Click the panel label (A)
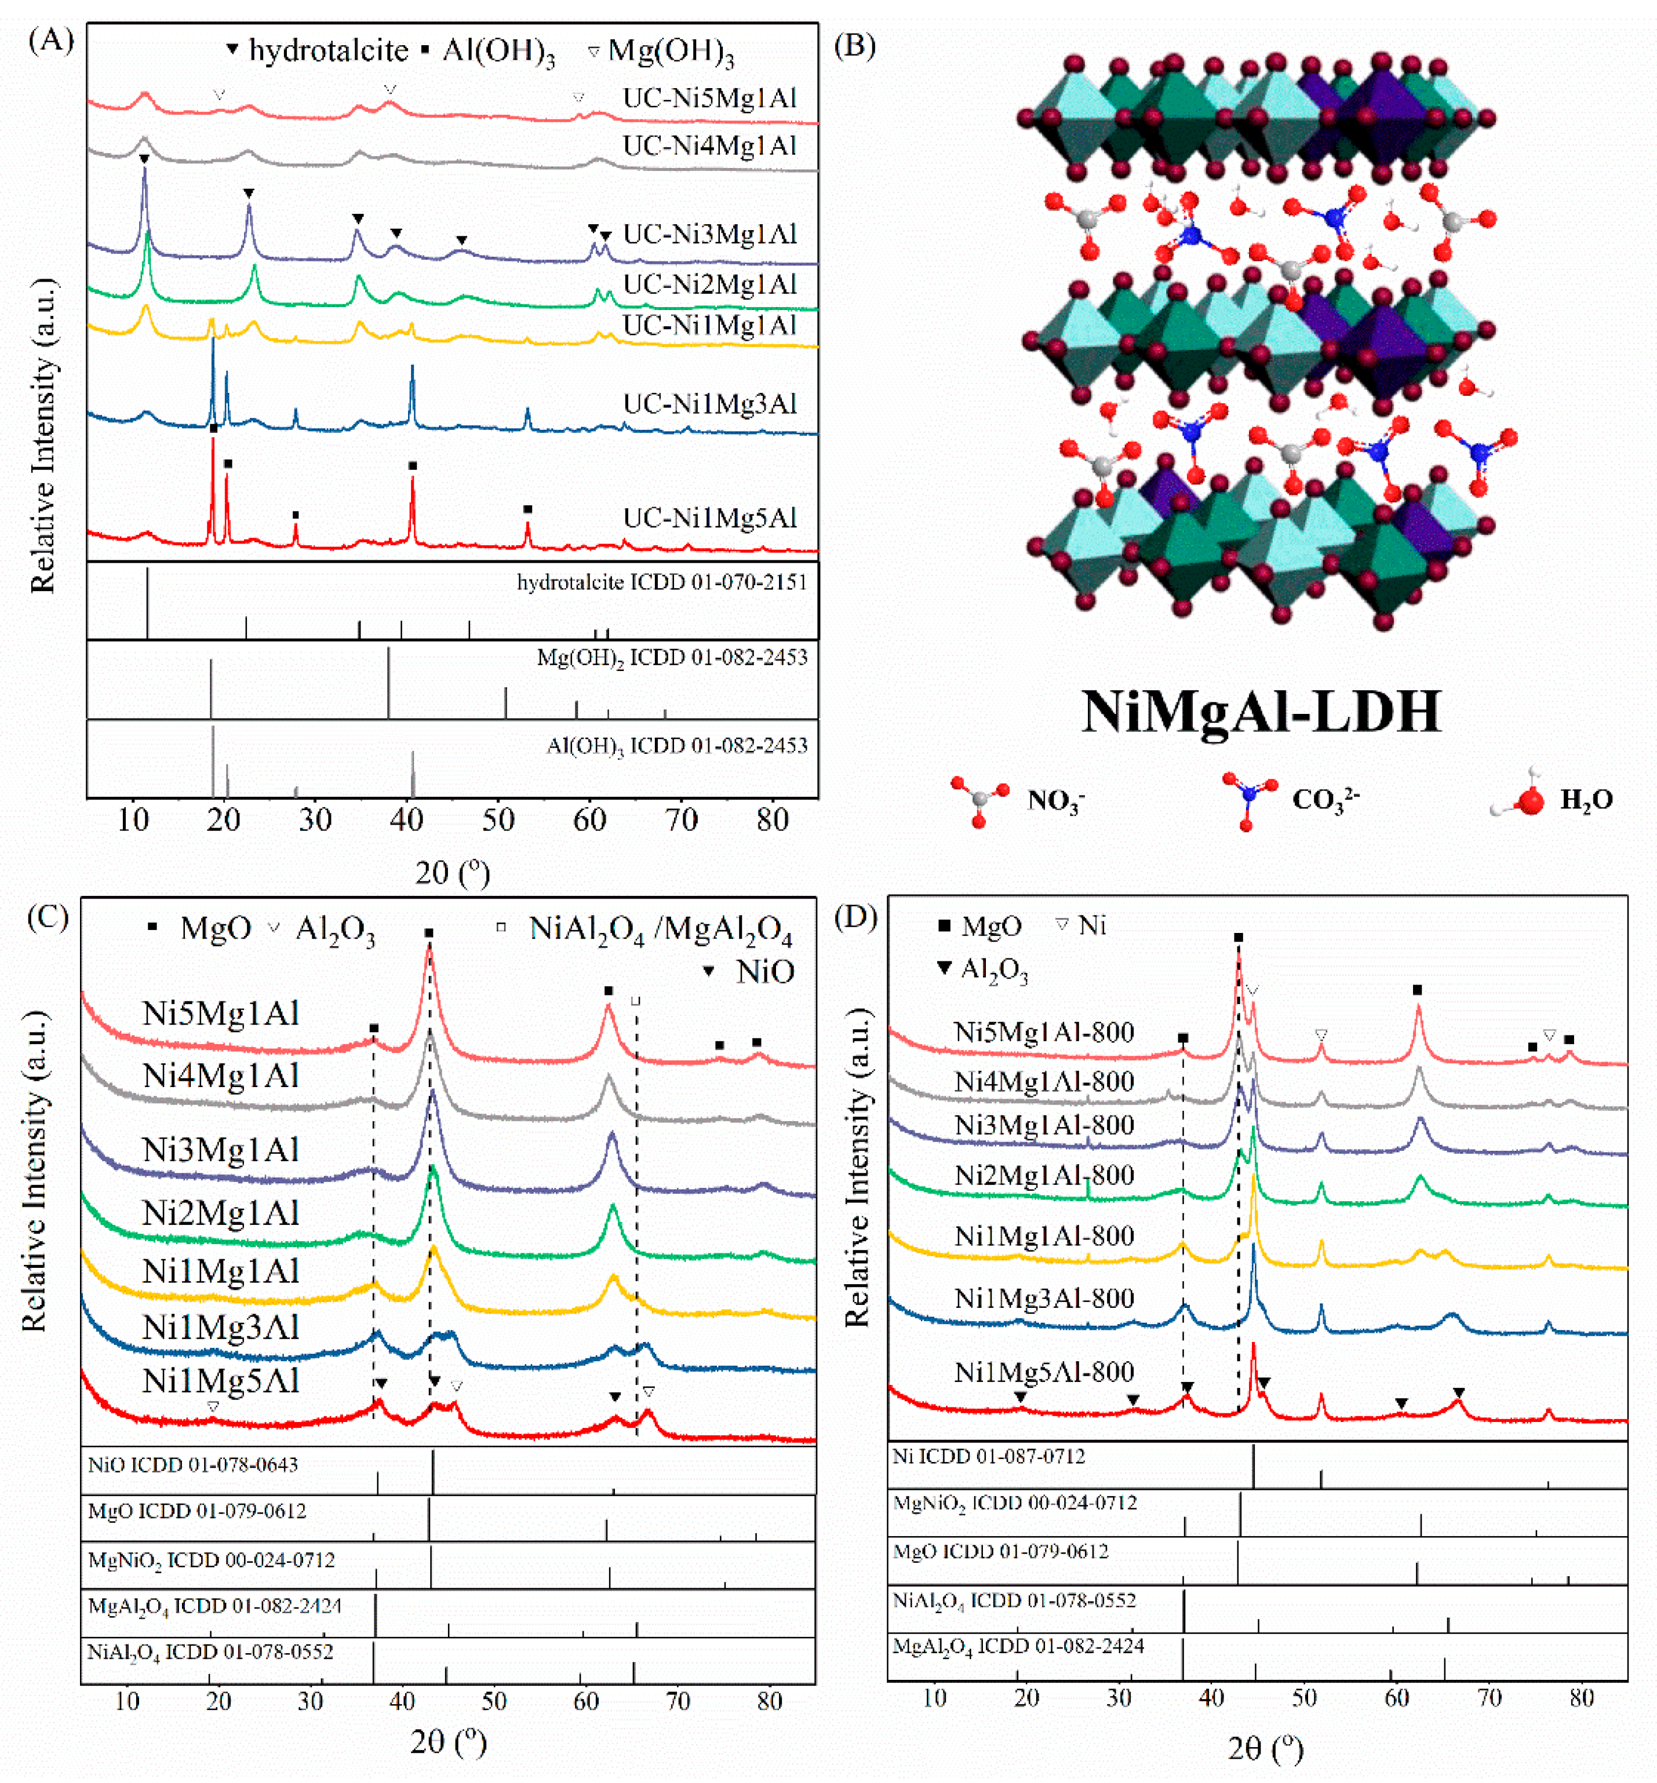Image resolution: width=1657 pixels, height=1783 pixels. [51, 41]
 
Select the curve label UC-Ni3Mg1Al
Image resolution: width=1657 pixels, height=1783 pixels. [709, 235]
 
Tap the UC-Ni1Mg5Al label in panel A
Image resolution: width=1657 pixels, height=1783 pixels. [709, 518]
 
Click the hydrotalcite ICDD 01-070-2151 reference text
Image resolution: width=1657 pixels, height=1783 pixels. [662, 583]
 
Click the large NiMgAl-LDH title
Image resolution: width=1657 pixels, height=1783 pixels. [1261, 713]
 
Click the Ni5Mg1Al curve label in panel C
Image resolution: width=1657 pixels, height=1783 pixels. [221, 1014]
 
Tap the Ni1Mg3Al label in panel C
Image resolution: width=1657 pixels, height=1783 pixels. [221, 1328]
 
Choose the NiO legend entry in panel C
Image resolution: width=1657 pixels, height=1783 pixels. [765, 972]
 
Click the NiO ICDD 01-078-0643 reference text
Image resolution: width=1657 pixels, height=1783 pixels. [193, 1465]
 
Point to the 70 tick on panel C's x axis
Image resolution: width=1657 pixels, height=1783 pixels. [678, 1701]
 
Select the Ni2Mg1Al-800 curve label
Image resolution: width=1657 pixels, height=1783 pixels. [1044, 1175]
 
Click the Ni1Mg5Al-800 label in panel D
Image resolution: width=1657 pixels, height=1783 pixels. [1044, 1372]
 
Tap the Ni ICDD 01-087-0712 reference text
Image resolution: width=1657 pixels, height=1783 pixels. [988, 1457]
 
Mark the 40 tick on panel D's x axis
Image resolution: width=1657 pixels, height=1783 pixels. [1211, 1698]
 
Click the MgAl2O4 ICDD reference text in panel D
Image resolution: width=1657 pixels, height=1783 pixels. [1018, 1646]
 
